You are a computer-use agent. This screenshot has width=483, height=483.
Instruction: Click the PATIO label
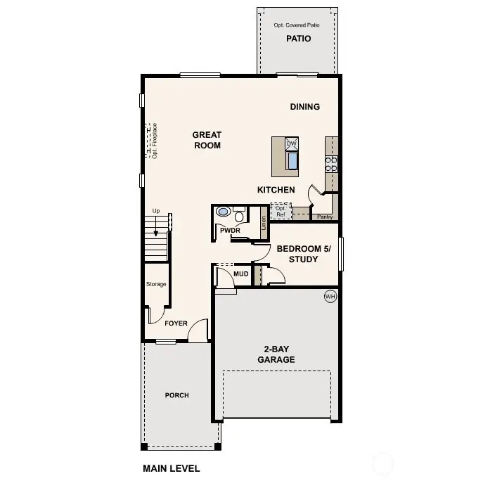point(298,39)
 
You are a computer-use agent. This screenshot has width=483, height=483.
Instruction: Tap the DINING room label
point(305,107)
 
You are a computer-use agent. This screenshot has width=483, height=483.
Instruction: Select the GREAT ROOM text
point(207,140)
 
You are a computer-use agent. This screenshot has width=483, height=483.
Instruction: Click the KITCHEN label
point(276,190)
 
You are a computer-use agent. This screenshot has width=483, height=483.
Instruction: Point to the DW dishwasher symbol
point(292,143)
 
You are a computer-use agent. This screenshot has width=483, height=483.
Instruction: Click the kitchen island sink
point(292,160)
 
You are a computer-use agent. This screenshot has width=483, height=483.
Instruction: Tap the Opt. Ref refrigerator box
point(281,211)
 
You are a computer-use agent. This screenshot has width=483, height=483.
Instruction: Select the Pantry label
point(325,217)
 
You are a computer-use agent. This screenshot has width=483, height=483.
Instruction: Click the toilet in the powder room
point(224,211)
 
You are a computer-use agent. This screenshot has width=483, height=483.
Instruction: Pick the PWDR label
point(230,229)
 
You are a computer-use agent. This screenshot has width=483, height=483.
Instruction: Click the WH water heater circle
point(330,297)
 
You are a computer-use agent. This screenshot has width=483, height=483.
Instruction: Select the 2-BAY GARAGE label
point(279,354)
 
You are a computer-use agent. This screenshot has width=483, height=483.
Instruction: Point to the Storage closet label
point(156,284)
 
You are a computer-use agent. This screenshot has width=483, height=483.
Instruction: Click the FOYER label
point(176,323)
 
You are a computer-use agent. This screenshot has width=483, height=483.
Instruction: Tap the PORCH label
point(176,395)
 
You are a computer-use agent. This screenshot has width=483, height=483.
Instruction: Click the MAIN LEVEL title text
point(171,468)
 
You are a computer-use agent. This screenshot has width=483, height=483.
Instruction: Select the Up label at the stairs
point(155,211)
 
